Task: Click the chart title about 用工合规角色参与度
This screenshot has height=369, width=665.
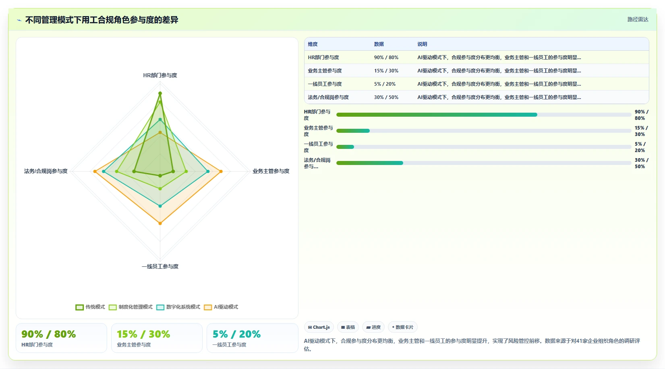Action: [102, 20]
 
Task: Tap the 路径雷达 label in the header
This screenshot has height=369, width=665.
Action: [638, 20]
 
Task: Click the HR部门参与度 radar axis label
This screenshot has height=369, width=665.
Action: [160, 75]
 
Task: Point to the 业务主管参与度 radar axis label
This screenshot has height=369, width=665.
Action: [271, 171]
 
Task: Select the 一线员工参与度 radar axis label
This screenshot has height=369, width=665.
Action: [160, 266]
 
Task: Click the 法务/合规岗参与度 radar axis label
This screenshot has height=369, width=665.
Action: [46, 171]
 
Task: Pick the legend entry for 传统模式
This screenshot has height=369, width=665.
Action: [90, 307]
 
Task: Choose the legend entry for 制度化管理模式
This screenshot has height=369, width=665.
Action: [131, 307]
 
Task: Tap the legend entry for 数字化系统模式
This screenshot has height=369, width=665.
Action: [178, 307]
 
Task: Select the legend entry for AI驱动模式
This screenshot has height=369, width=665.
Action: [221, 307]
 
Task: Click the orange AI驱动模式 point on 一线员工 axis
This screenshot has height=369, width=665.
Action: [160, 223]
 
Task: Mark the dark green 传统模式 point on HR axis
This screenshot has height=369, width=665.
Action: [160, 93]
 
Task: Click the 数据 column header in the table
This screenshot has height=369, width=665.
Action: [379, 44]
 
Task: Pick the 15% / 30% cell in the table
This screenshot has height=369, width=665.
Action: [386, 70]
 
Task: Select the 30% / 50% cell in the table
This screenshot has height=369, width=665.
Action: [386, 97]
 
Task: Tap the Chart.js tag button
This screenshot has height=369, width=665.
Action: [319, 327]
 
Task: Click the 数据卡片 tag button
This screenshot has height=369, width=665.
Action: [402, 327]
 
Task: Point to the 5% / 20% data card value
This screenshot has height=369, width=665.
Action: [236, 334]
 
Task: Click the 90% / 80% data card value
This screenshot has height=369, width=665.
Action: [49, 334]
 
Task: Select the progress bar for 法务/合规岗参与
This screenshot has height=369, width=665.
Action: [484, 163]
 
